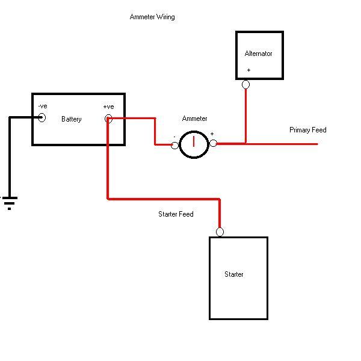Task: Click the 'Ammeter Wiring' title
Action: (x=152, y=17)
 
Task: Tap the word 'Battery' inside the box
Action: (x=72, y=119)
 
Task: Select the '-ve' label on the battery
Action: (x=42, y=106)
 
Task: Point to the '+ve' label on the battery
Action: (x=108, y=106)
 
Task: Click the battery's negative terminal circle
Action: (x=42, y=118)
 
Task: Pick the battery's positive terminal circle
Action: (x=108, y=119)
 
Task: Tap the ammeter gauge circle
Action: (x=194, y=144)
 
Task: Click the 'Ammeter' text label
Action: (x=194, y=119)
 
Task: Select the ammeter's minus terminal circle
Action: (x=175, y=145)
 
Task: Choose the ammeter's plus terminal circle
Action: (x=213, y=144)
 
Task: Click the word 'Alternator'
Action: (x=259, y=54)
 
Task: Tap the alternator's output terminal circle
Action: (x=245, y=85)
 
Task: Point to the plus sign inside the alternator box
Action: (x=248, y=70)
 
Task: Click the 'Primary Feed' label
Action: (x=307, y=130)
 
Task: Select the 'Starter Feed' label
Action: (x=176, y=214)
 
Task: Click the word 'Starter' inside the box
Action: (x=234, y=274)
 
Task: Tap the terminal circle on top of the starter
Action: (x=220, y=232)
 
